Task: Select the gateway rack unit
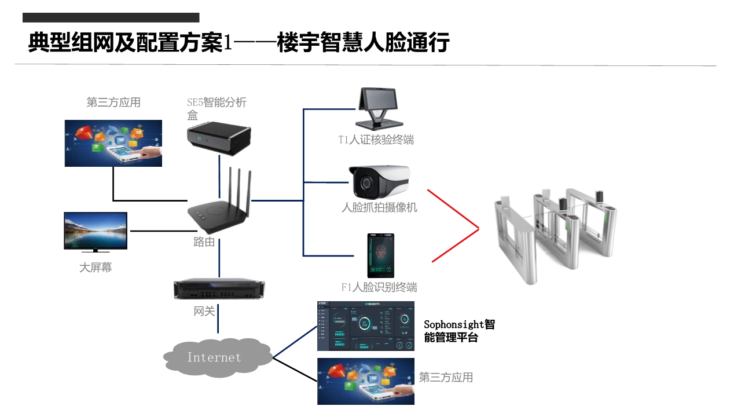[x=219, y=288]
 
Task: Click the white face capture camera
[x=379, y=182]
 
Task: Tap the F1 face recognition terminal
[x=380, y=255]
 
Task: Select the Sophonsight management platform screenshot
[x=366, y=326]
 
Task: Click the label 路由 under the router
[x=204, y=242]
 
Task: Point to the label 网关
[x=204, y=312]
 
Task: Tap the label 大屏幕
[x=96, y=268]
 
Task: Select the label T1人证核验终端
[x=376, y=140]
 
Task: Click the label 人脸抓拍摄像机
[x=379, y=207]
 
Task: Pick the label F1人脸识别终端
[x=379, y=287]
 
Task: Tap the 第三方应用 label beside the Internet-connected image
[x=446, y=378]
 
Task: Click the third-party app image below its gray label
[x=113, y=143]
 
